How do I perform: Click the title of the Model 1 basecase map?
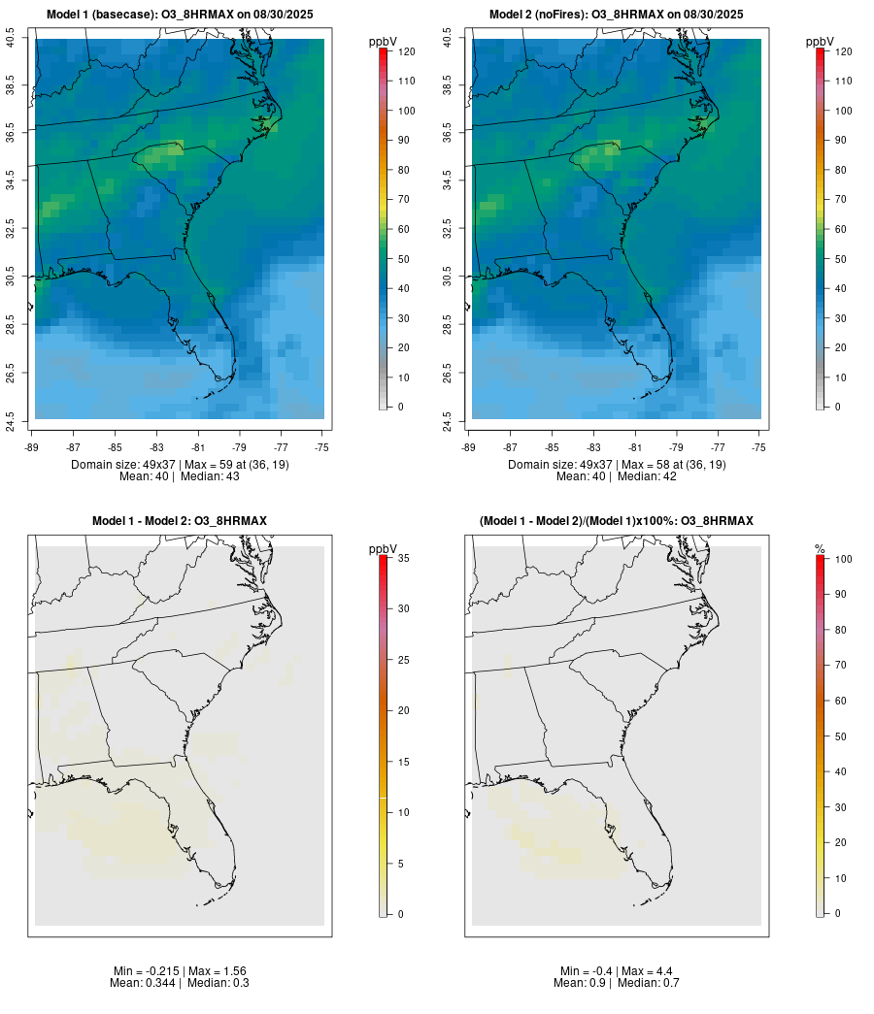click(180, 15)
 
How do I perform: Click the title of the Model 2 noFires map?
click(617, 15)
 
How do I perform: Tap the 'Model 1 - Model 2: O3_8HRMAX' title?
click(180, 521)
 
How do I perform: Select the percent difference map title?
click(617, 521)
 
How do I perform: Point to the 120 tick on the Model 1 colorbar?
click(405, 51)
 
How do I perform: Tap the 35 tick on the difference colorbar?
click(405, 558)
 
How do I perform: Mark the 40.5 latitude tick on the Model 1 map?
click(11, 38)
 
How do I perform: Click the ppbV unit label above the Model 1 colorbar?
click(384, 42)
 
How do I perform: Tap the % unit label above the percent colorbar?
click(820, 549)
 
